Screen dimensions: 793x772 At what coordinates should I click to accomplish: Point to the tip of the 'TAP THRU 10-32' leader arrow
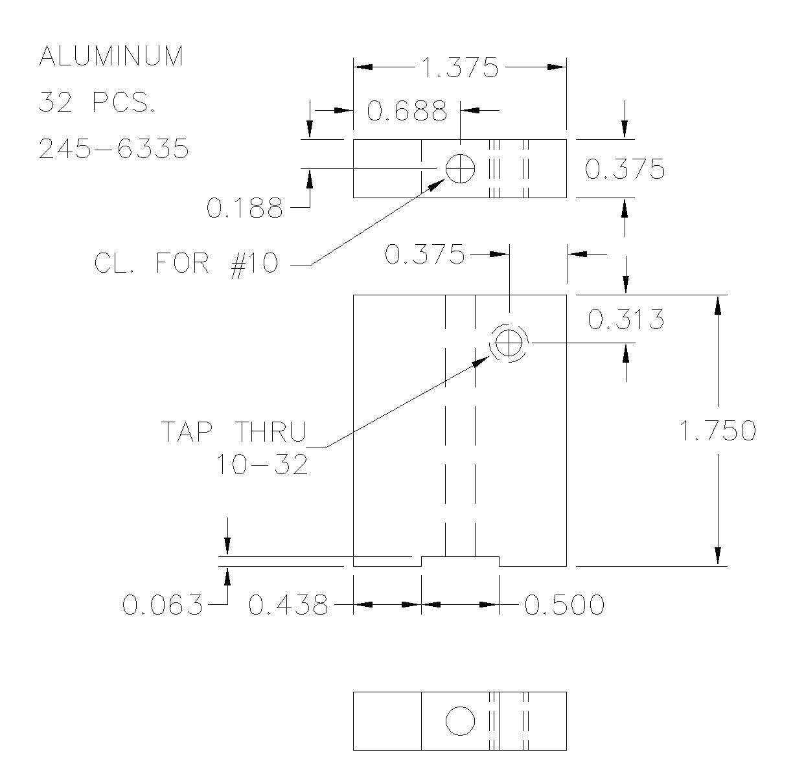pyautogui.click(x=490, y=355)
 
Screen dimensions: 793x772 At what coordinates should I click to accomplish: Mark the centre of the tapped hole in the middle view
pyautogui.click(x=509, y=343)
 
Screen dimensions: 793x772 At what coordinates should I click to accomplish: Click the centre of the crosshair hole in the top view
pyautogui.click(x=461, y=168)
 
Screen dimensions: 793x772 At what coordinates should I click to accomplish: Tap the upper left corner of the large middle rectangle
pyautogui.click(x=353, y=295)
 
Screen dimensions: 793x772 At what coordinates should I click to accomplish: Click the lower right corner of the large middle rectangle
pyautogui.click(x=566, y=566)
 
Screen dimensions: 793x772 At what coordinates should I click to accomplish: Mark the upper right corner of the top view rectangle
pyautogui.click(x=566, y=140)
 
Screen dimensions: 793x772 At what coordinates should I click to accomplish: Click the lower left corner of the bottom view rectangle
pyautogui.click(x=353, y=750)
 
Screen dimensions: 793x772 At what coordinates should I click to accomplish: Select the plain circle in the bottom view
pyautogui.click(x=461, y=721)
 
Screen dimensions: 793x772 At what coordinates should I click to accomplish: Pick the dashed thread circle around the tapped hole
pyautogui.click(x=509, y=343)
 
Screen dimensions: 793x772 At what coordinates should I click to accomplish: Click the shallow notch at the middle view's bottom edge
pyautogui.click(x=460, y=561)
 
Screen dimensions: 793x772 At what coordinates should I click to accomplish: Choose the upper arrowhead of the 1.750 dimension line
pyautogui.click(x=718, y=305)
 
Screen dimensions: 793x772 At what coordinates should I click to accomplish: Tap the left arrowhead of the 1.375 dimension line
pyautogui.click(x=363, y=67)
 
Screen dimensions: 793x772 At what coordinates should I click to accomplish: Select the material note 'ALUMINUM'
pyautogui.click(x=111, y=56)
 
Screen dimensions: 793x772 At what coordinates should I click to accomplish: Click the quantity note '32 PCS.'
pyautogui.click(x=97, y=102)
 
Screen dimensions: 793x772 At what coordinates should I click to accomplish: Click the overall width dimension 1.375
pyautogui.click(x=459, y=67)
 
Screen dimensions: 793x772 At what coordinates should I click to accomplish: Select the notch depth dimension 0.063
pyautogui.click(x=162, y=604)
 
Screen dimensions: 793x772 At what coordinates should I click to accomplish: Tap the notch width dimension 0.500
pyautogui.click(x=564, y=604)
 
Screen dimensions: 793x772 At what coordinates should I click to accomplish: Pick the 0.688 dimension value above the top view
pyautogui.click(x=407, y=111)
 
